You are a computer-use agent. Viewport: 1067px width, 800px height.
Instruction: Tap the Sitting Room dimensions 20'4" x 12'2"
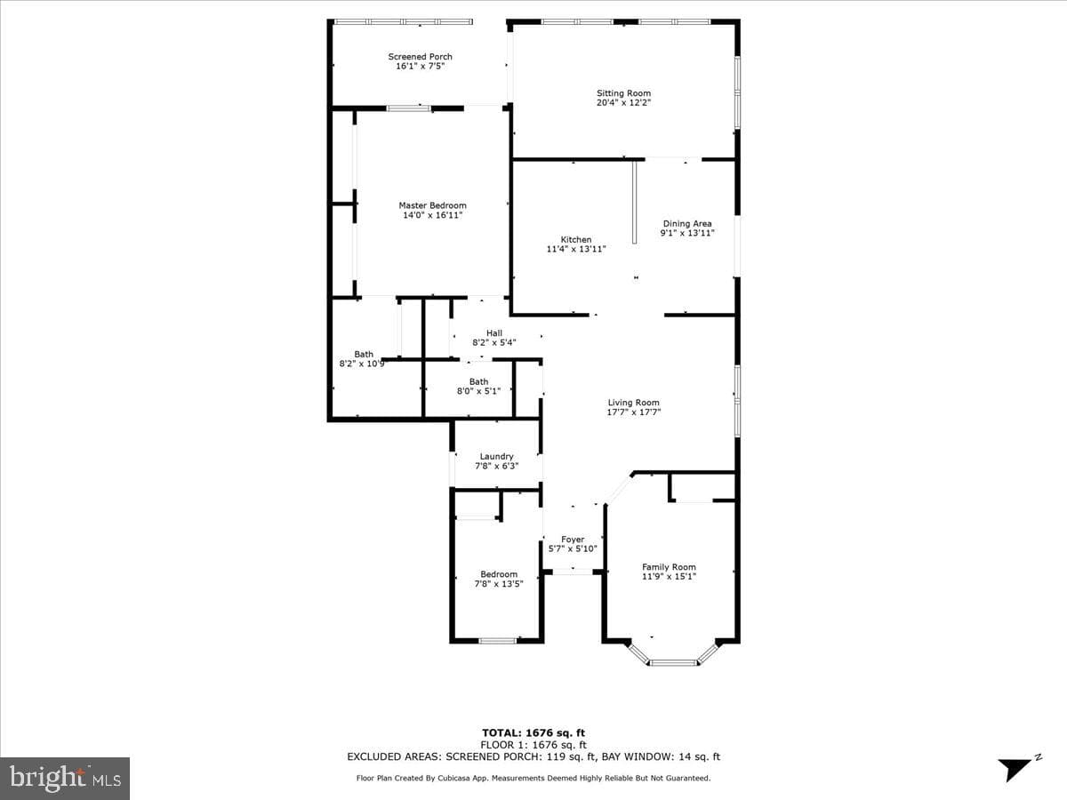[623, 102]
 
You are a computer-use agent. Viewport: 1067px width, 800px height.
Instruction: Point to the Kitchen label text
[576, 239]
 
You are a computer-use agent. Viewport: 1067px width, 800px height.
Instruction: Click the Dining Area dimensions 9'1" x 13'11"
[687, 233]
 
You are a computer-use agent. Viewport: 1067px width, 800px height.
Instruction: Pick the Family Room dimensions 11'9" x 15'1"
[669, 577]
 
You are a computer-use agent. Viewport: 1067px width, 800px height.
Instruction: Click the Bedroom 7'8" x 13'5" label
[499, 579]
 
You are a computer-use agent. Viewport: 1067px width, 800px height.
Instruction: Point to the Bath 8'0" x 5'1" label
[478, 386]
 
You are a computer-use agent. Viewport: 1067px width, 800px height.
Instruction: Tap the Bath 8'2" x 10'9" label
[363, 359]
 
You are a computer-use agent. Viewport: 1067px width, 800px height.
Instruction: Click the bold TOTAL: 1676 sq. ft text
[533, 733]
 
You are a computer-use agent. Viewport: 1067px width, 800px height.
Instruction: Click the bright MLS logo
[65, 779]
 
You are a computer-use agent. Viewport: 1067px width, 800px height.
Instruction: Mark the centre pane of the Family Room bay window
[673, 662]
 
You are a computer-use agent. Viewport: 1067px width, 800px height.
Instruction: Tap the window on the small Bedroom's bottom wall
[497, 641]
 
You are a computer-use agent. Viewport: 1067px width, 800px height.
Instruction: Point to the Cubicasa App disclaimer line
[533, 778]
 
